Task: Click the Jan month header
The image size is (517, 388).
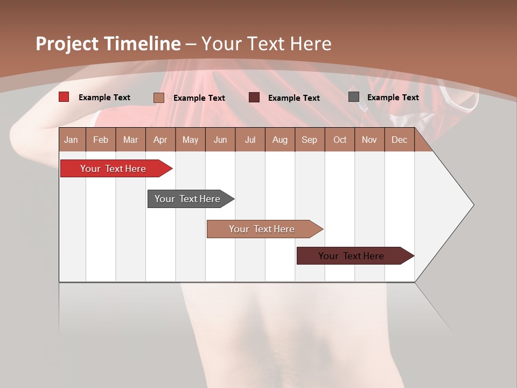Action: (72, 140)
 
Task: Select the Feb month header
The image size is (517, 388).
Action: (101, 140)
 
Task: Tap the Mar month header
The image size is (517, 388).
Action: (130, 140)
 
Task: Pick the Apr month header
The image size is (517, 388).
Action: (160, 140)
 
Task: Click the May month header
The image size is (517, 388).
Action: (190, 140)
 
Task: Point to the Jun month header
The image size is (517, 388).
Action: (220, 140)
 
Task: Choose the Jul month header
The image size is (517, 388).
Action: (250, 140)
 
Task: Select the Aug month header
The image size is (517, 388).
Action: (280, 140)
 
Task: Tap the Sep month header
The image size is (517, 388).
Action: (310, 140)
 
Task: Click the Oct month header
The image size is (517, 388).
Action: (340, 140)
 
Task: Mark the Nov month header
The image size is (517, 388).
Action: (369, 140)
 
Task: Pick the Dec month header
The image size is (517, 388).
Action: (400, 140)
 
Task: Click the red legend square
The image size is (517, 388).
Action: (64, 97)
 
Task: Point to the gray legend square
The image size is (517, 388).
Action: (354, 97)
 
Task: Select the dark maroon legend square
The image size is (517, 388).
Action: (254, 98)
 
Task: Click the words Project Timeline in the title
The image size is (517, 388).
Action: (108, 44)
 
